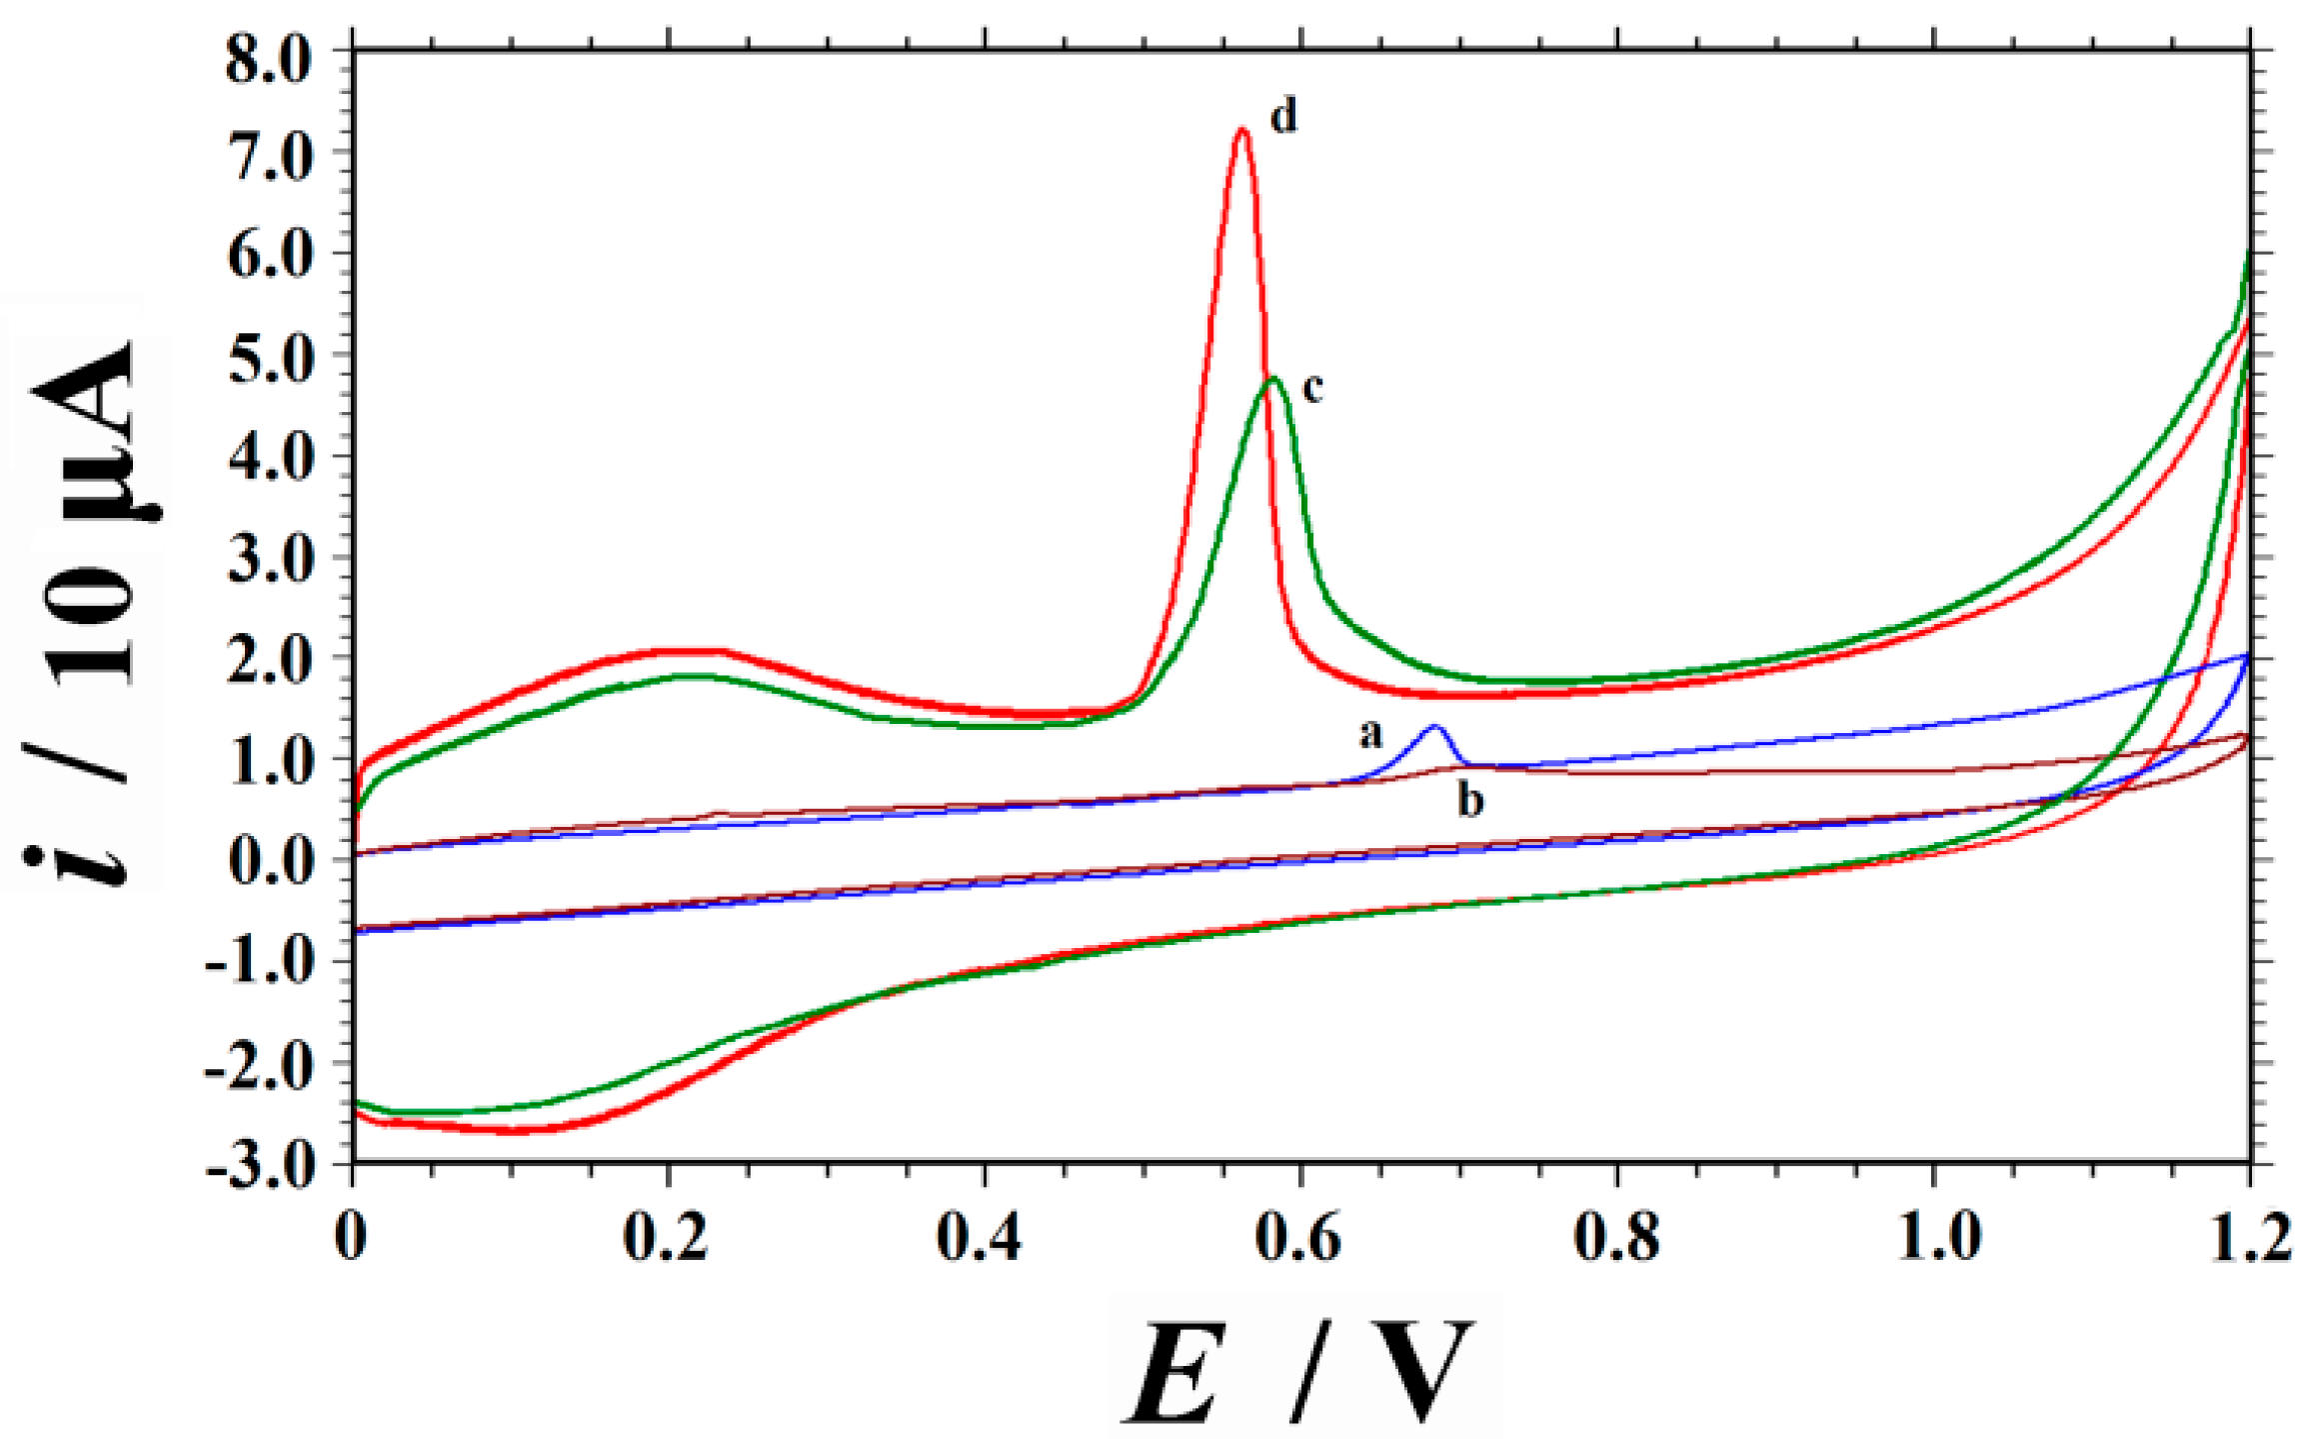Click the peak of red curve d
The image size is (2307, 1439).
coord(1241,130)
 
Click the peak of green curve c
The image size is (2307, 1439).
coord(1272,379)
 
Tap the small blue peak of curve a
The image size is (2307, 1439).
coord(1434,727)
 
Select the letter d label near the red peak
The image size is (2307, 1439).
coord(1283,117)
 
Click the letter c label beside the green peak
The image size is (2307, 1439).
coord(1312,388)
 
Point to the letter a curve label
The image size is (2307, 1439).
coord(1370,735)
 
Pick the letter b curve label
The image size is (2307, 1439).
coord(1469,801)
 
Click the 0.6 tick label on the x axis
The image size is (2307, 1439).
coord(1297,1237)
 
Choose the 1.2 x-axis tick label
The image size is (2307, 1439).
coord(2249,1237)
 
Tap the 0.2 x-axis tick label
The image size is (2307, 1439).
coord(667,1237)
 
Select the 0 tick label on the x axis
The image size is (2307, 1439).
coord(350,1237)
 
